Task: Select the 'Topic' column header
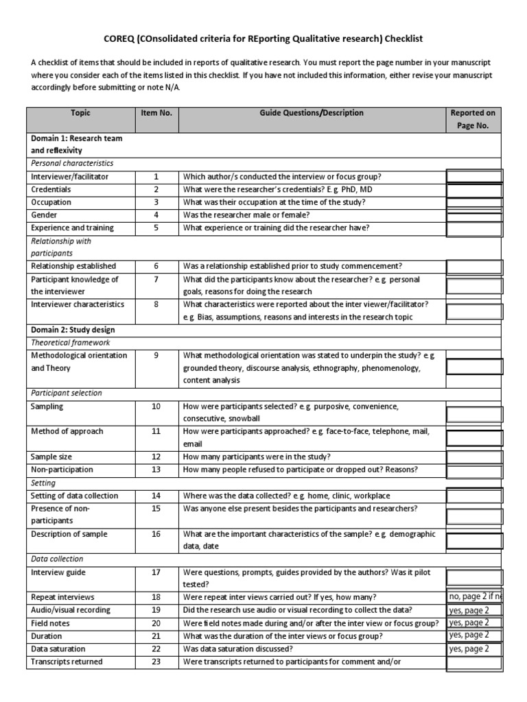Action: [x=80, y=113]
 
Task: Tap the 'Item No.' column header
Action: [x=156, y=113]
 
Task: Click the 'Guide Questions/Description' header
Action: [x=312, y=113]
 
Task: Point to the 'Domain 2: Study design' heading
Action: [x=71, y=330]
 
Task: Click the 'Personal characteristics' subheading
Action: [x=72, y=163]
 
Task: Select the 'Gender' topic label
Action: [x=45, y=215]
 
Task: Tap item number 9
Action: [x=156, y=355]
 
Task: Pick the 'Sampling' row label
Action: [x=47, y=407]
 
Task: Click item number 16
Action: [x=156, y=534]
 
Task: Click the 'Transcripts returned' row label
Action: [x=67, y=662]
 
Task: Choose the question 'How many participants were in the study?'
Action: [x=257, y=457]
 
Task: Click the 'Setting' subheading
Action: [x=43, y=483]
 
